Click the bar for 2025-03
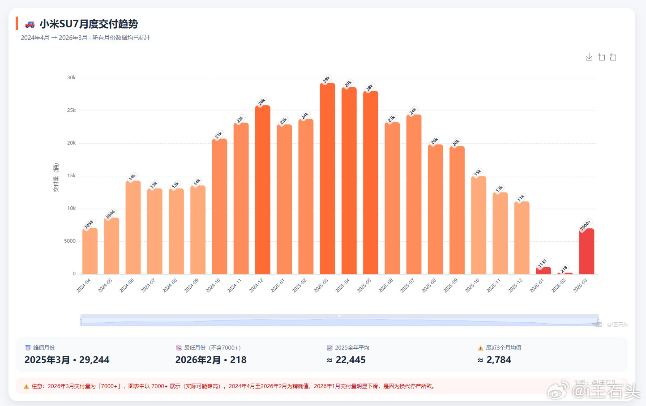[x=327, y=179]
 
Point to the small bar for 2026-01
[x=543, y=270]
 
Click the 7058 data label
[x=89, y=224]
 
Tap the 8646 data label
[x=111, y=214]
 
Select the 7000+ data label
[x=586, y=225]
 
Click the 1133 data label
[x=543, y=263]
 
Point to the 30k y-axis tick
[x=71, y=77]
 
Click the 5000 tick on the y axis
[x=70, y=241]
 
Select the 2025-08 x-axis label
[x=429, y=286]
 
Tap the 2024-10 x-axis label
[x=213, y=286]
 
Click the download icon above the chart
[x=589, y=57]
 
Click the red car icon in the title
[x=30, y=24]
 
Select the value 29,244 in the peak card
[x=94, y=360]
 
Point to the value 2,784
[x=498, y=360]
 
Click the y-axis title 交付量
[x=56, y=178]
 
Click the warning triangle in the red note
[x=26, y=386]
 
